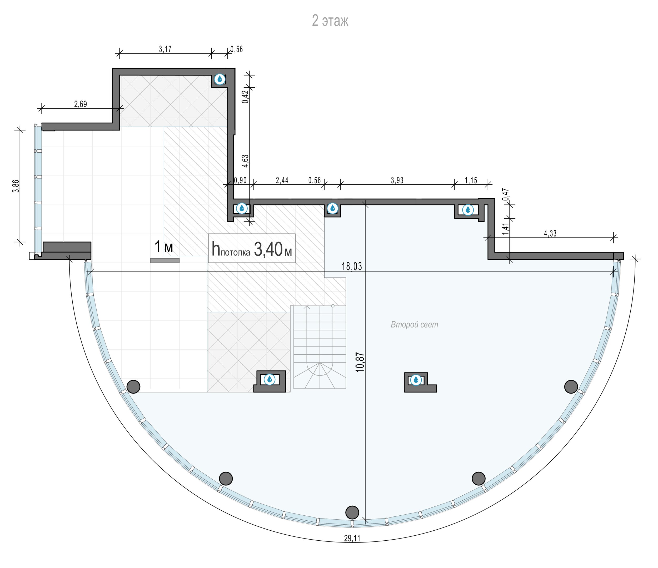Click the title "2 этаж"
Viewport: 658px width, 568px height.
(x=330, y=21)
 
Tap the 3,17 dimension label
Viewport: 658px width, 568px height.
(x=165, y=49)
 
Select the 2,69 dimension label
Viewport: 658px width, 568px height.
(x=80, y=104)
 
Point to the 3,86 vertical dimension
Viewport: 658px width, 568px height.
(x=16, y=186)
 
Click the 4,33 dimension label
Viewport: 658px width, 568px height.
(x=550, y=233)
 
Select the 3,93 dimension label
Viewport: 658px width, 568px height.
(x=397, y=180)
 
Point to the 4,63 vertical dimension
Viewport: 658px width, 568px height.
(x=245, y=161)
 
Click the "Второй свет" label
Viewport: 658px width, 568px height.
(x=415, y=324)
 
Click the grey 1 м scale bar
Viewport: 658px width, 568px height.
(x=165, y=261)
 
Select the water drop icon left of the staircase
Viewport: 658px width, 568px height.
(x=270, y=379)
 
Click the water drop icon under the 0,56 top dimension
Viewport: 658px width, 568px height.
(x=220, y=79)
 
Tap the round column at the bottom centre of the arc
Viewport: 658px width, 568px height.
(x=352, y=512)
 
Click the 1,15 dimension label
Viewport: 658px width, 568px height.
(x=471, y=180)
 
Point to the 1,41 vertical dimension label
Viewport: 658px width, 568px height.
(x=506, y=229)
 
